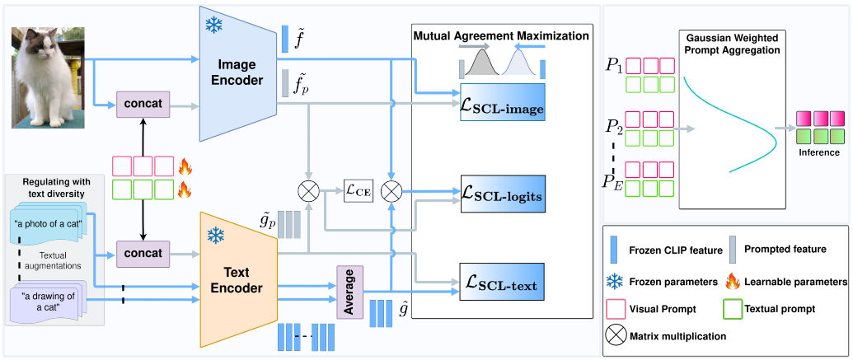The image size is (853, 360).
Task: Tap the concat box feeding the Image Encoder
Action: click(143, 105)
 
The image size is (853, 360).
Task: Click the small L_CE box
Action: click(359, 191)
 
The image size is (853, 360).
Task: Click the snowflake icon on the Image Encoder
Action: click(214, 24)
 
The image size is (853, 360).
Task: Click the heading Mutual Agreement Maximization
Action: click(500, 36)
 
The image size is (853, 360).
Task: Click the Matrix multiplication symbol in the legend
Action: click(614, 336)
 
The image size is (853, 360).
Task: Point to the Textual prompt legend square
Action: click(728, 310)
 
